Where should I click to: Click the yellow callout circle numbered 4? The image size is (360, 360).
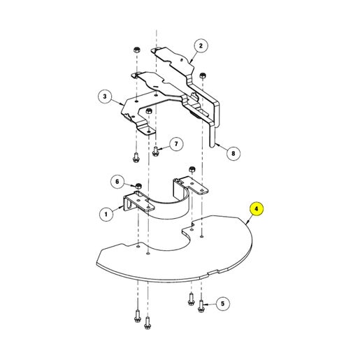point(257,209)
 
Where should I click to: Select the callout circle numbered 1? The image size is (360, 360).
point(106,214)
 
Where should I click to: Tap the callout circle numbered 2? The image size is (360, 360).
point(201,46)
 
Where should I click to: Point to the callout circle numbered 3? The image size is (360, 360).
point(105,96)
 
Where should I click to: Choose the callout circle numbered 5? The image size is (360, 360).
point(222,303)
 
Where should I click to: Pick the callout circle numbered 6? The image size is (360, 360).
point(117,181)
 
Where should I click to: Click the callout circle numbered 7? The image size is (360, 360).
point(176,144)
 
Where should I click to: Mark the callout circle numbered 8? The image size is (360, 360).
point(233,153)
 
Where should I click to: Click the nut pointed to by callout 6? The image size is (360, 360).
point(138,186)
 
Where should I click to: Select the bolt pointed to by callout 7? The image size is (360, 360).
point(155,150)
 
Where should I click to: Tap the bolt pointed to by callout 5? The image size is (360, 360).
point(201,306)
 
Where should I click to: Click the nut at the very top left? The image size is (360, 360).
point(136,50)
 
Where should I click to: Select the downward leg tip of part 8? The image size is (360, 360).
point(213,145)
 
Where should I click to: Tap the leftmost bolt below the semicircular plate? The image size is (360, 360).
point(137,316)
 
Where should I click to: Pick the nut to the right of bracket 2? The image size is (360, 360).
point(203,75)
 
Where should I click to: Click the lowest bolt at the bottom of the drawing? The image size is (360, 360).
point(147,323)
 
